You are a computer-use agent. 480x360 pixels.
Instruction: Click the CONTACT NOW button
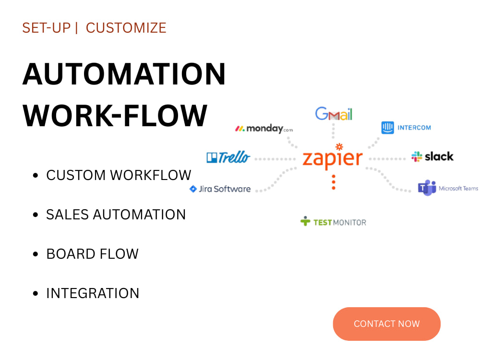pyautogui.click(x=386, y=324)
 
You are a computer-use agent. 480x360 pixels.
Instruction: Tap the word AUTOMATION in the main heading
pyautogui.click(x=124, y=74)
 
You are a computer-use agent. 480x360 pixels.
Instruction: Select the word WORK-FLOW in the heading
pyautogui.click(x=115, y=115)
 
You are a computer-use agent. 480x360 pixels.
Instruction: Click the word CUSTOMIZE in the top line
pyautogui.click(x=126, y=28)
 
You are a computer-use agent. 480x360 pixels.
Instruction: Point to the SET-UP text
pyautogui.click(x=47, y=28)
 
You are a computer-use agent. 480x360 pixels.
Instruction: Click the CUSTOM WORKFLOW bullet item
pyautogui.click(x=119, y=175)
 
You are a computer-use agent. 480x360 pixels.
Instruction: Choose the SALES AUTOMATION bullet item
pyautogui.click(x=116, y=215)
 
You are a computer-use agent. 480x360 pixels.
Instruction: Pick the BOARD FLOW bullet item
pyautogui.click(x=92, y=254)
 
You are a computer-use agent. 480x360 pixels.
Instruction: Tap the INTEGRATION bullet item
pyautogui.click(x=93, y=293)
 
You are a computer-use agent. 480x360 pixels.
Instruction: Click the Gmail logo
pyautogui.click(x=334, y=114)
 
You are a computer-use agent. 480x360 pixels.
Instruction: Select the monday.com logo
pyautogui.click(x=264, y=129)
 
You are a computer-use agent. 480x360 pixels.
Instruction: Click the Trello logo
pyautogui.click(x=228, y=157)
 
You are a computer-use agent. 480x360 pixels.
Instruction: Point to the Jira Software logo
pyautogui.click(x=220, y=189)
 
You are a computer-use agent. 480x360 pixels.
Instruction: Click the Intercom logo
pyautogui.click(x=406, y=128)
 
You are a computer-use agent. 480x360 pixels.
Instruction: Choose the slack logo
pyautogui.click(x=432, y=156)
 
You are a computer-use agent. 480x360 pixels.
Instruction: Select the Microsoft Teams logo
pyautogui.click(x=448, y=188)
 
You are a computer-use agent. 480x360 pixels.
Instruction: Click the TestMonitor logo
pyautogui.click(x=333, y=222)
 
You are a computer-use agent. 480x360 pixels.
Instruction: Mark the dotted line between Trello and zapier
pyautogui.click(x=275, y=159)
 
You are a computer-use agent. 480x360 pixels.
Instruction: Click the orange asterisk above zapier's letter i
pyautogui.click(x=339, y=146)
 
